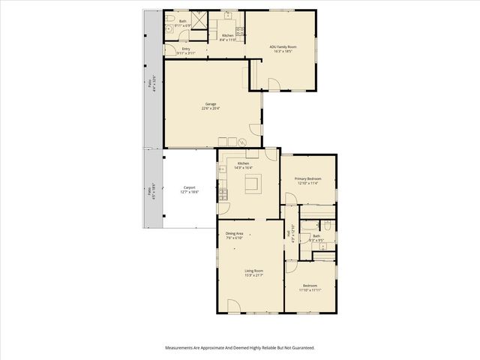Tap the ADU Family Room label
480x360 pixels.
[x=283, y=46]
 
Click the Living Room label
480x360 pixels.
[x=253, y=271]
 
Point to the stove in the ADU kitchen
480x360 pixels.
[x=240, y=31]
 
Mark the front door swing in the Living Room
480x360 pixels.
[x=233, y=305]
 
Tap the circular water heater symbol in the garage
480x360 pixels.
[x=243, y=142]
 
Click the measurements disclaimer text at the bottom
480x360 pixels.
[x=240, y=348]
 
